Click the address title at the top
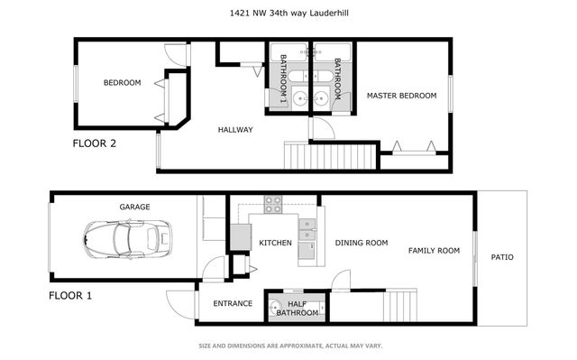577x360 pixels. [x=288, y=13]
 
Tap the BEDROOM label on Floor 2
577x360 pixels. [x=122, y=83]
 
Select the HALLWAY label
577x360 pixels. [x=235, y=130]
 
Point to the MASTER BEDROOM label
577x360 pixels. [x=401, y=95]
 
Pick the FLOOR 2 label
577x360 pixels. [x=94, y=143]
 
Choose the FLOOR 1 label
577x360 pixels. [x=69, y=295]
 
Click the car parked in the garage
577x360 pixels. [x=121, y=240]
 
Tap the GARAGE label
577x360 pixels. [x=134, y=207]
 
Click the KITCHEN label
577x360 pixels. [x=274, y=243]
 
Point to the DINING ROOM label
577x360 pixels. [x=361, y=243]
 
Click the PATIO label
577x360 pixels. [x=502, y=257]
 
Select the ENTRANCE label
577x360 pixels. [x=232, y=304]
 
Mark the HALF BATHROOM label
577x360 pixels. [x=297, y=309]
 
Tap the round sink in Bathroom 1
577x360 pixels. [x=272, y=98]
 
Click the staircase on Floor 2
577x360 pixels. [x=328, y=155]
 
